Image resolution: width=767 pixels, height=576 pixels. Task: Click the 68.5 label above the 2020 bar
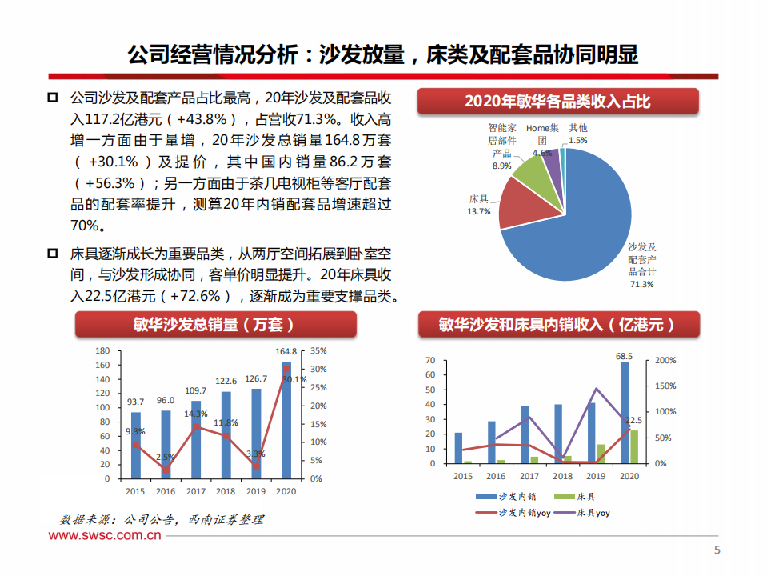coord(625,356)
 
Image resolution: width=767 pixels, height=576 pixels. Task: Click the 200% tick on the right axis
coord(665,361)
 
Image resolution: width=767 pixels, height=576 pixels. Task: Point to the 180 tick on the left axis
coord(102,351)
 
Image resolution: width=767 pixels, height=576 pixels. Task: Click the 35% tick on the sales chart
coord(318,351)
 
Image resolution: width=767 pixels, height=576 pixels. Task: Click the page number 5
coord(717,550)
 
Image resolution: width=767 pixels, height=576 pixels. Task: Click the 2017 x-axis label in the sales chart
coord(195,491)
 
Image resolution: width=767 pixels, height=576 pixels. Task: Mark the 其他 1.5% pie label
coord(577,133)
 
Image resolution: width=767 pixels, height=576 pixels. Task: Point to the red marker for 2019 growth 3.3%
coord(256,466)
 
